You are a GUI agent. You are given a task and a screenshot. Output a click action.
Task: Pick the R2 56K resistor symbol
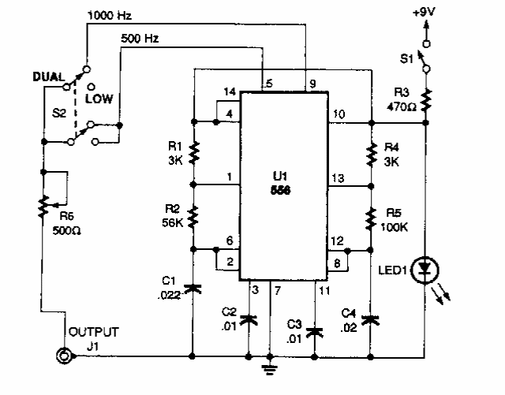193,214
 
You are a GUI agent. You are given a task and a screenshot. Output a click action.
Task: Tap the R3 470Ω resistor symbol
425,100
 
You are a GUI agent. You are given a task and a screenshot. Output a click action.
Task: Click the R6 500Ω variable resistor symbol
45,207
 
